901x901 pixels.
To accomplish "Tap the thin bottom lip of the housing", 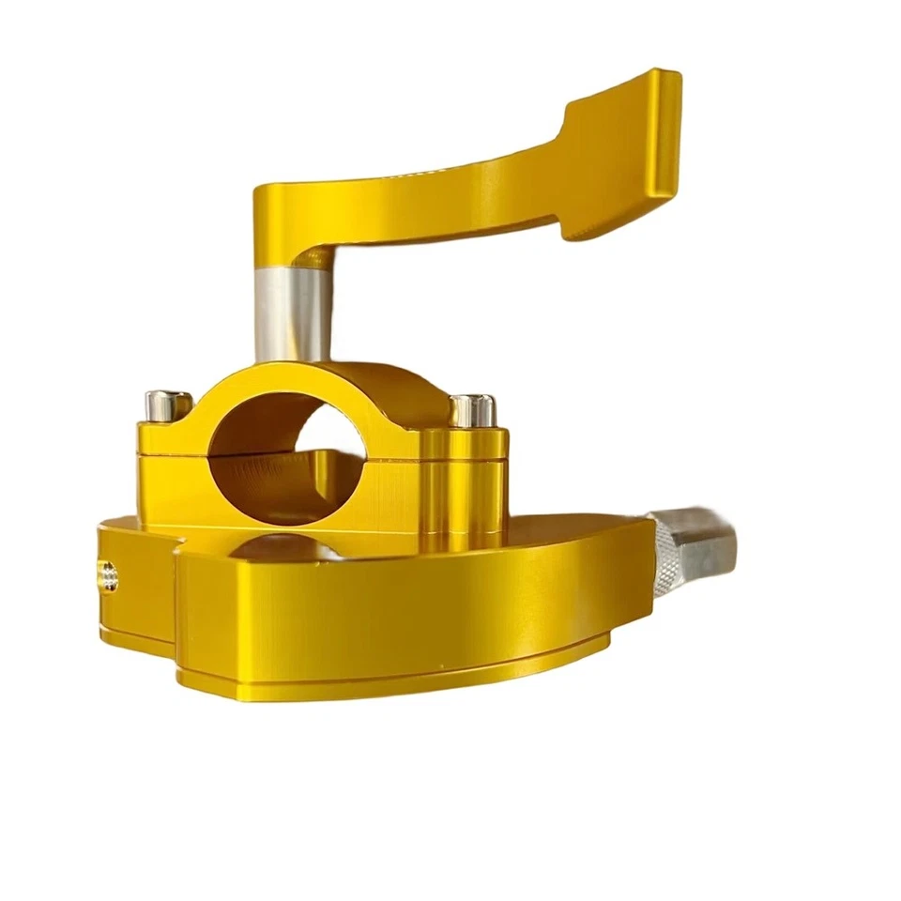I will [394, 683].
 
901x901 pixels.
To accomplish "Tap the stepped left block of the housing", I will [136, 582].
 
